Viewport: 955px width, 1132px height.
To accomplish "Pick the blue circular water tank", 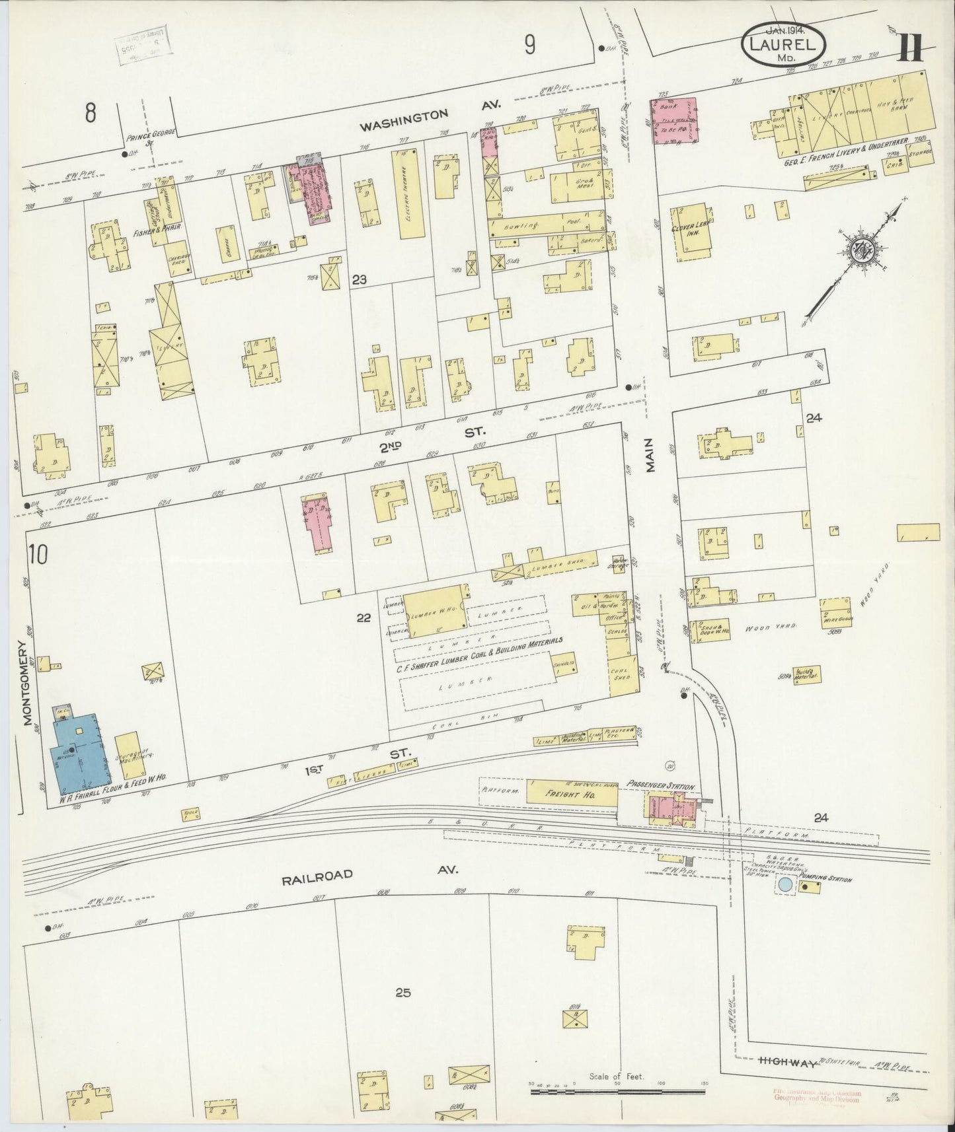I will click(784, 884).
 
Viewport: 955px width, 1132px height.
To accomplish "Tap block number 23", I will click(359, 280).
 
